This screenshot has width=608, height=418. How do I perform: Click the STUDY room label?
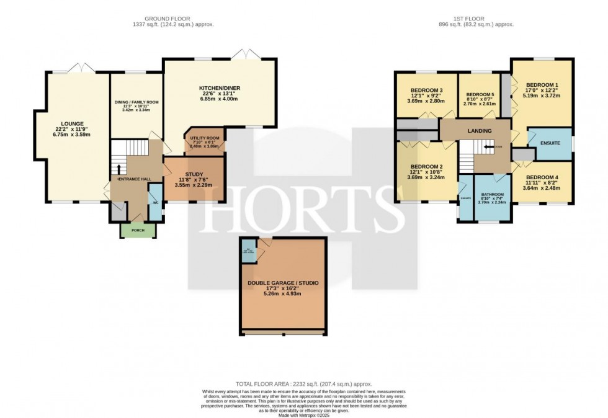point(192,175)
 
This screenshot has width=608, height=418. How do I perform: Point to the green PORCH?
point(138,230)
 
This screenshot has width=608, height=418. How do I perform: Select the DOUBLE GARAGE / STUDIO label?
point(283,283)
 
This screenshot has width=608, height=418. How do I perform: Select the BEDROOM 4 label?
point(542,177)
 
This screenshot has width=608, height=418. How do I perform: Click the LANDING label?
point(480,131)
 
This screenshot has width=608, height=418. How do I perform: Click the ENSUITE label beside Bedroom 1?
point(550,143)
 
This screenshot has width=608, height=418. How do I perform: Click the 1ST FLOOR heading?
point(478,19)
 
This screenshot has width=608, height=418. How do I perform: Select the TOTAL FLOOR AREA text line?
point(303,385)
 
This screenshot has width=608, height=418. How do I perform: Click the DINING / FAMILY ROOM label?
point(136,102)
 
